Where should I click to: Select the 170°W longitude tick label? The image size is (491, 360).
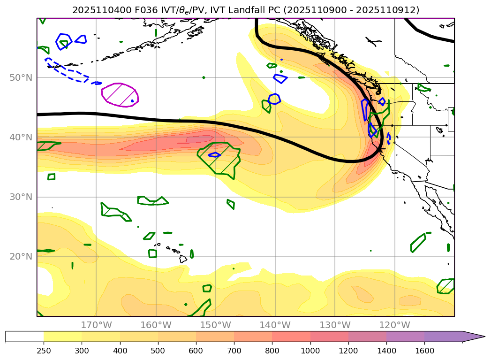click(97, 325)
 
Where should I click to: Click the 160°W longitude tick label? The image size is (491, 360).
click(156, 325)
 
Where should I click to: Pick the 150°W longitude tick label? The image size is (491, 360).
click(216, 325)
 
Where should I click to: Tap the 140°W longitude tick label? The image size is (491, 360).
click(275, 325)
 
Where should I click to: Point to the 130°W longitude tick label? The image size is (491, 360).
click(335, 325)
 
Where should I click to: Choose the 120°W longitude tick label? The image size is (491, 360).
click(394, 325)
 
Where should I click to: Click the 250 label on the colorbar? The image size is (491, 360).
click(44, 350)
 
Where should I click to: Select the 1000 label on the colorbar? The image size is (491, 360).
click(310, 350)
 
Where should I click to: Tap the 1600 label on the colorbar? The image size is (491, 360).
click(424, 350)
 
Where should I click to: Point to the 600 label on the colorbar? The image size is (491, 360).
click(196, 350)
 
